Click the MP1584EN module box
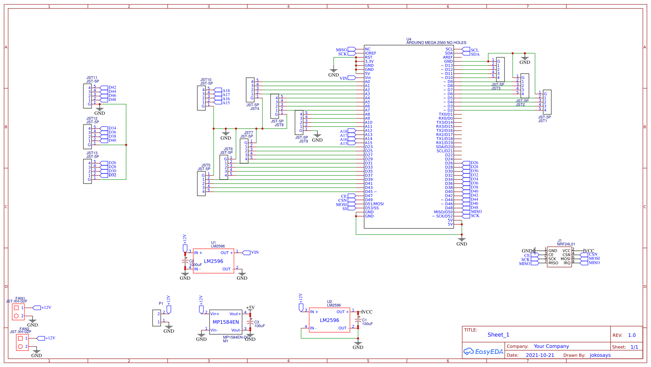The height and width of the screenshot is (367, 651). pos(226,322)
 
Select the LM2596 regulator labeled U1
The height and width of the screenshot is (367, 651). pos(214,261)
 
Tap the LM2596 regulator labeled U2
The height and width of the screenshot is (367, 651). pos(329,320)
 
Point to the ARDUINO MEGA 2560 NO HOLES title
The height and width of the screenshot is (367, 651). pos(436,42)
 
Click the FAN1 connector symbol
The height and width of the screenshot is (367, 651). pos(18,312)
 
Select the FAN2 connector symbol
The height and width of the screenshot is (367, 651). pos(22,343)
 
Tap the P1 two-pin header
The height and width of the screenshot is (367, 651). pos(157,318)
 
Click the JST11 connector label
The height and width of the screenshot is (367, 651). pos(92,78)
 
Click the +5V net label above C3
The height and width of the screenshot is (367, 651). pos(250,308)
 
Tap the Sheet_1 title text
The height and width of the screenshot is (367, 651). pos(498,335)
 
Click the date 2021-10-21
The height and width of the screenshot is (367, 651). pos(540,355)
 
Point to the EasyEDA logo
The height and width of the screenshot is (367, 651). pos(483,352)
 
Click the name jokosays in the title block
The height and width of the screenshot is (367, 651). pos(600,355)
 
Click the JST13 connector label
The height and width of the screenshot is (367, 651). pos(92,154)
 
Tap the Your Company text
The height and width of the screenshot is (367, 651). pos(551,346)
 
